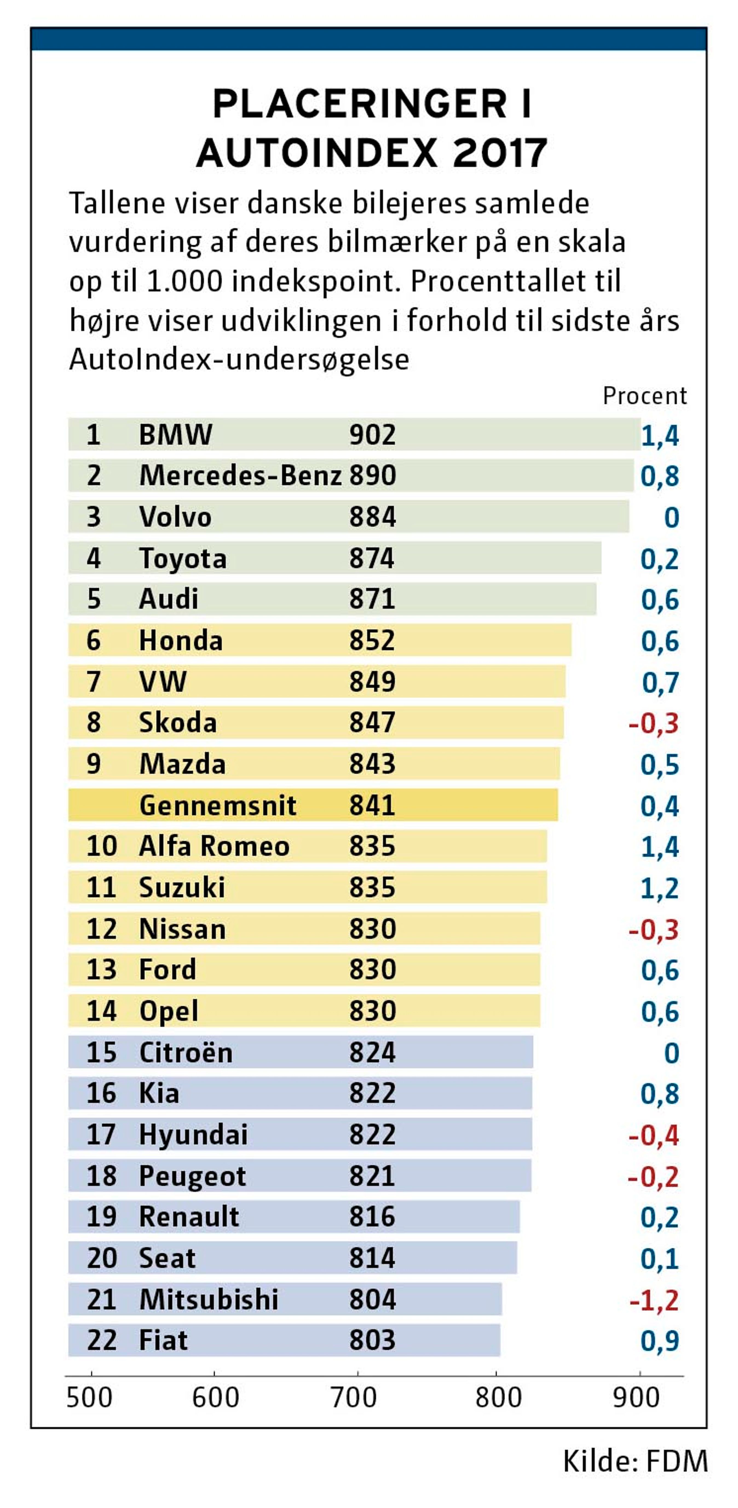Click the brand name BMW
pyautogui.click(x=175, y=435)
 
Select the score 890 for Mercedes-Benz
pyautogui.click(x=373, y=475)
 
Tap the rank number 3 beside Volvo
pyautogui.click(x=94, y=517)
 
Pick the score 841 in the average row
pyautogui.click(x=373, y=805)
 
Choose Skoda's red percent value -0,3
pyautogui.click(x=654, y=724)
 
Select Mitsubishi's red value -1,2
pyautogui.click(x=654, y=1301)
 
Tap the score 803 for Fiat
pyautogui.click(x=373, y=1341)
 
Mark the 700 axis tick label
pyautogui.click(x=354, y=1398)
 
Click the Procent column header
pyautogui.click(x=644, y=396)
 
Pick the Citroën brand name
pyautogui.click(x=186, y=1053)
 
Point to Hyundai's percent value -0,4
pyautogui.click(x=654, y=1136)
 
